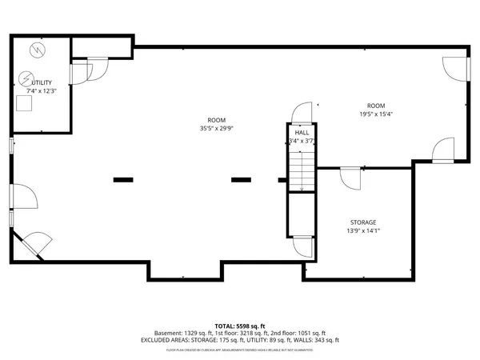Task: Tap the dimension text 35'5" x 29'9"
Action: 211,128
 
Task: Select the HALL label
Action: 302,132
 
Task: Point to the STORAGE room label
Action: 362,222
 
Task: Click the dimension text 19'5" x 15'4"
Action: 376,114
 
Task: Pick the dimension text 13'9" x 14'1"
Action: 362,231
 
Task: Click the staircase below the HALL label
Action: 301,170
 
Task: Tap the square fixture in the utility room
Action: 24,102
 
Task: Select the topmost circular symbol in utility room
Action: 35,50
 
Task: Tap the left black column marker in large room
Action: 123,180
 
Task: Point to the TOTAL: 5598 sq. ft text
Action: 240,326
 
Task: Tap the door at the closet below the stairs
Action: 302,247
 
